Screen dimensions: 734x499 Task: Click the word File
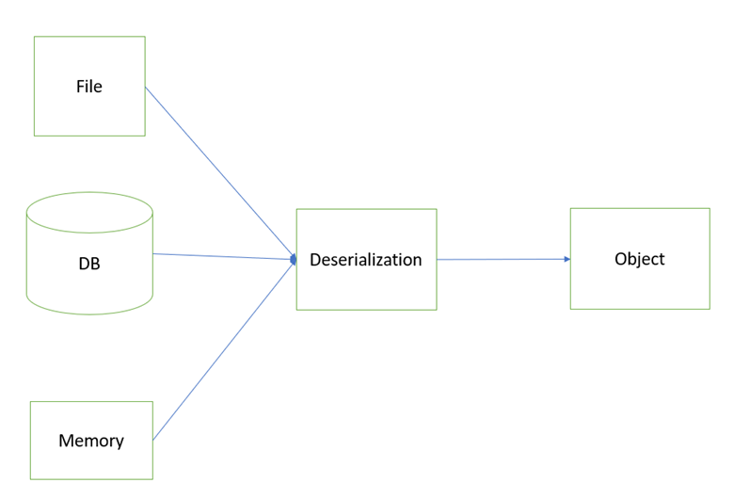(x=89, y=87)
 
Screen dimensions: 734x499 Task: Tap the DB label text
(x=89, y=264)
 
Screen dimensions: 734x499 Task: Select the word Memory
(x=91, y=441)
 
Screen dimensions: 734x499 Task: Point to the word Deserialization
(x=366, y=260)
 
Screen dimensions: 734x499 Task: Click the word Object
(x=640, y=259)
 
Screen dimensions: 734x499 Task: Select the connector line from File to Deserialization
(x=220, y=172)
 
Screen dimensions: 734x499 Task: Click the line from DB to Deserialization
(x=224, y=257)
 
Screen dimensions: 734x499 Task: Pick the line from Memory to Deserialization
(x=224, y=350)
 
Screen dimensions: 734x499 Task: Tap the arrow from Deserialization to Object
(x=503, y=259)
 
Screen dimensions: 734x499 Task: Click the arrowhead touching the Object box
(x=567, y=259)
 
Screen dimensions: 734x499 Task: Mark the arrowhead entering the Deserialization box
(x=294, y=259)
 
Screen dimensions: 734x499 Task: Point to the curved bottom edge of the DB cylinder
(x=89, y=314)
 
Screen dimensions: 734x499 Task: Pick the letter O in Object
(x=621, y=259)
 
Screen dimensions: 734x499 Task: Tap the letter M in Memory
(x=66, y=441)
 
